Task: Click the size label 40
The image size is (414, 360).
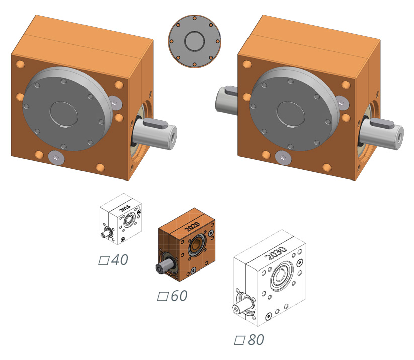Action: pos(120,260)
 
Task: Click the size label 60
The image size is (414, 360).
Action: pos(179,296)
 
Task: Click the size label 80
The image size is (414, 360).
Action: pos(256,340)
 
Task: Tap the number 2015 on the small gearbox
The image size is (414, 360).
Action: pos(125,208)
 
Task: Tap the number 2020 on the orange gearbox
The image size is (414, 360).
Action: pos(192,226)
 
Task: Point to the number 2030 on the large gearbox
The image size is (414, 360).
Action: pos(275,253)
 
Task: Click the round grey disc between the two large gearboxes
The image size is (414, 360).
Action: pos(194,41)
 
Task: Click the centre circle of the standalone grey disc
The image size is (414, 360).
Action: pos(194,41)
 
